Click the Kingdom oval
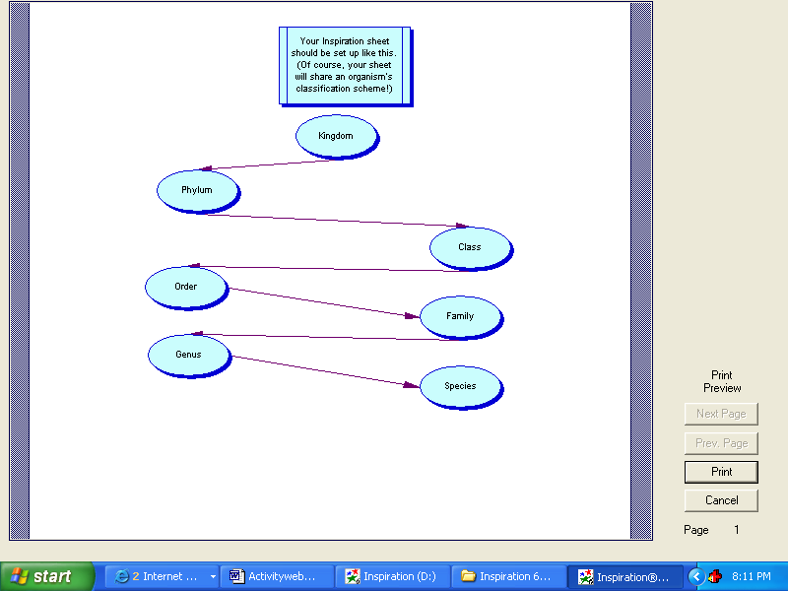[x=336, y=137]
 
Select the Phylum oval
[x=198, y=191]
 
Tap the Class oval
[x=471, y=248]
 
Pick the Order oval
[x=186, y=288]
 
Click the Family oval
[x=461, y=317]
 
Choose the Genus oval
[x=189, y=356]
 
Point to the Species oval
[x=461, y=387]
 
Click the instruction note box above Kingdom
[x=346, y=66]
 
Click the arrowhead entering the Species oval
[x=411, y=385]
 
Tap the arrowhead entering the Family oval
[x=412, y=316]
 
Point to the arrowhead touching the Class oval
[x=462, y=226]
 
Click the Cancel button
[x=721, y=500]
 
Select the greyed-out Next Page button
[x=721, y=414]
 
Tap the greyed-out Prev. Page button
[x=721, y=443]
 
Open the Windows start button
[x=47, y=576]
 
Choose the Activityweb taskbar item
[x=278, y=576]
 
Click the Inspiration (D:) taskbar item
[x=393, y=576]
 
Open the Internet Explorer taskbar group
[x=163, y=576]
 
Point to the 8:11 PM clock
[x=752, y=576]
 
